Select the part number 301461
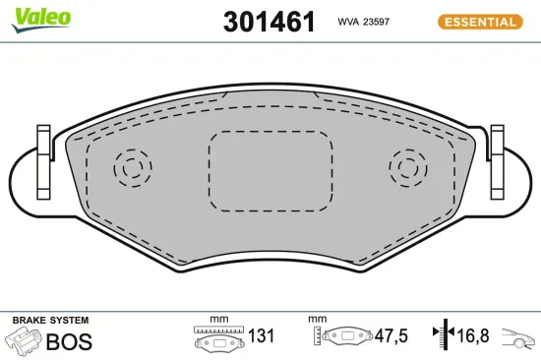tap(270, 23)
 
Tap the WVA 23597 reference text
tap(365, 21)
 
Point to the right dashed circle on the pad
tap(407, 168)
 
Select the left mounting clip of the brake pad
tap(42, 160)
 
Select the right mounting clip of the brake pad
tap(497, 160)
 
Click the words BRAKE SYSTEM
tap(50, 321)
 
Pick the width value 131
tap(261, 337)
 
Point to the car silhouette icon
tap(519, 340)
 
